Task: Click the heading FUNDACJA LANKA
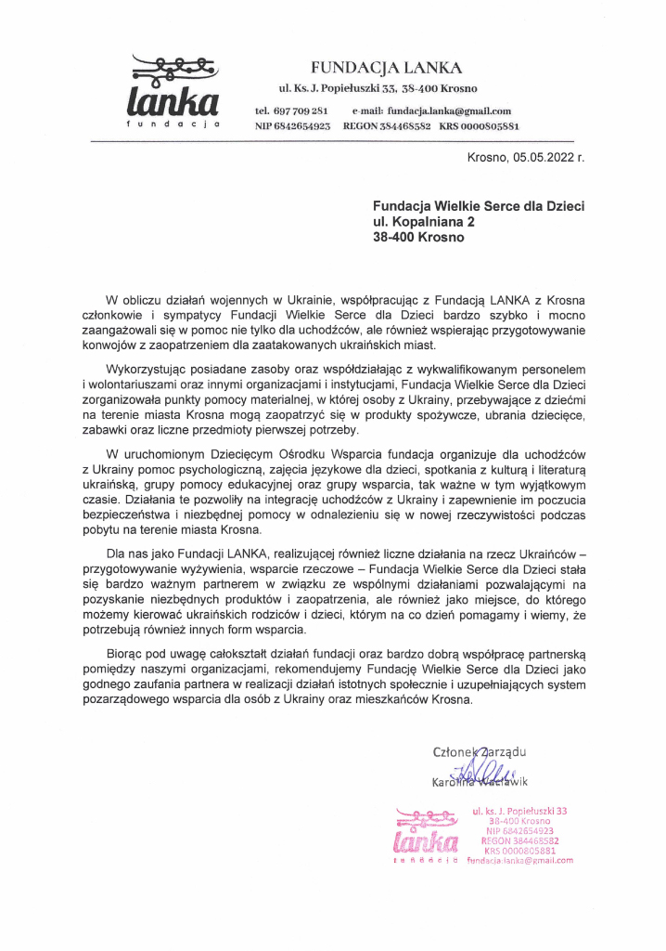tap(386, 67)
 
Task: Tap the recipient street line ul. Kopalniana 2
tap(424, 222)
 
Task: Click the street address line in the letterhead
tap(378, 89)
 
